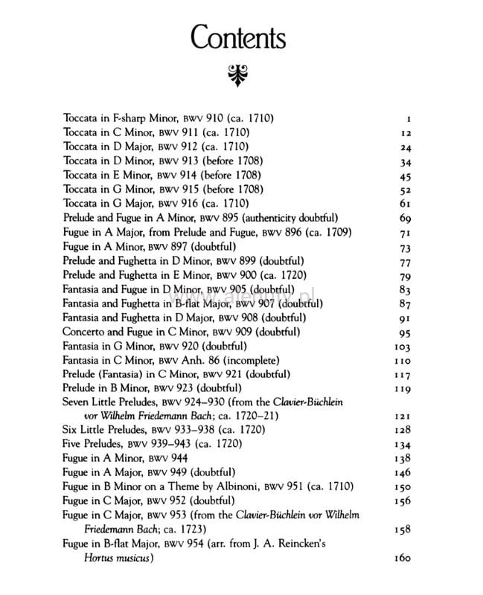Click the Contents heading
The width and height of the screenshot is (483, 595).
click(x=238, y=37)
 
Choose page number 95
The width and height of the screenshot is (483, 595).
click(x=405, y=332)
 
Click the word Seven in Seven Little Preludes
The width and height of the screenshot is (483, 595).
click(x=77, y=402)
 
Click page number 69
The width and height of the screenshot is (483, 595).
click(x=405, y=218)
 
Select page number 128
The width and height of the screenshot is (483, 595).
click(x=401, y=431)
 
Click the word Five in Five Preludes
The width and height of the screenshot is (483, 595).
click(x=74, y=445)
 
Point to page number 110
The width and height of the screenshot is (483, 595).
click(x=402, y=360)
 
